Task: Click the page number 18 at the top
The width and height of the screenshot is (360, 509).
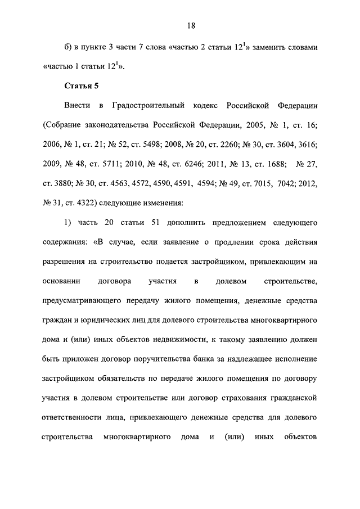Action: (x=191, y=25)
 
